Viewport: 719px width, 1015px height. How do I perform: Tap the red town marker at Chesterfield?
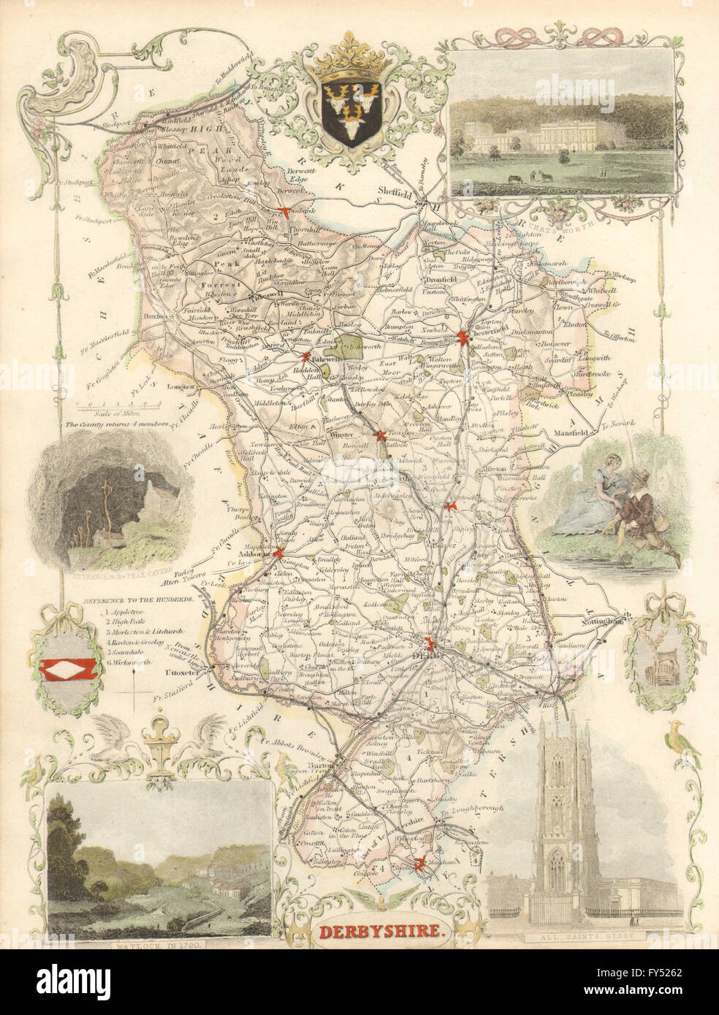[463, 337]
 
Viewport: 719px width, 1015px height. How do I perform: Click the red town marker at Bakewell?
[306, 357]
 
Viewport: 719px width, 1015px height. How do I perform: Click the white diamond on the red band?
[69, 667]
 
